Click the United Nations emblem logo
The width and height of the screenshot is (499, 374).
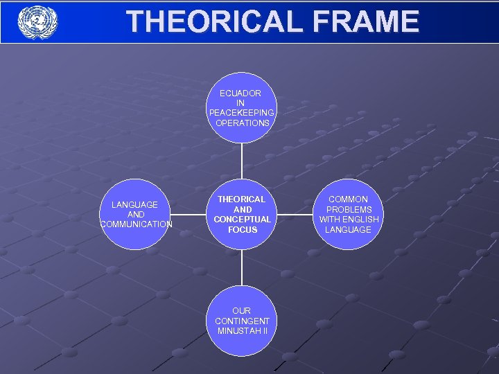pyautogui.click(x=38, y=21)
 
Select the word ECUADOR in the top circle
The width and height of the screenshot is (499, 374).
pyautogui.click(x=240, y=93)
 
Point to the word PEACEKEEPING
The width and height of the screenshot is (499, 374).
pyautogui.click(x=242, y=113)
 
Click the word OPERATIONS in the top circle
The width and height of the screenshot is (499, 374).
pyautogui.click(x=242, y=123)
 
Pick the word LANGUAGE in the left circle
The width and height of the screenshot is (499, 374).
pyautogui.click(x=135, y=204)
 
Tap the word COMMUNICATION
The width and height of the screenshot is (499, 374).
pyautogui.click(x=137, y=224)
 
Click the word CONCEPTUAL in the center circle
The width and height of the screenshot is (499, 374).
pyautogui.click(x=242, y=220)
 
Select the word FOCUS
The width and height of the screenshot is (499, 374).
pyautogui.click(x=242, y=230)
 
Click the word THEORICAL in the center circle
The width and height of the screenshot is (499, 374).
pyautogui.click(x=242, y=199)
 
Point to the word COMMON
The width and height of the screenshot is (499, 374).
pyautogui.click(x=349, y=199)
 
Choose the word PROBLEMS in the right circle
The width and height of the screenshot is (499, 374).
pyautogui.click(x=349, y=209)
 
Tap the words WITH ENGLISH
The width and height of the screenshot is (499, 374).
pyautogui.click(x=349, y=220)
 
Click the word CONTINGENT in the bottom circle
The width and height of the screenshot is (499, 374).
pyautogui.click(x=242, y=321)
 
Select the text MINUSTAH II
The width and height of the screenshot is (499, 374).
pyautogui.click(x=242, y=330)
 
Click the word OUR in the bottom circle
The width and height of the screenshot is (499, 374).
pyautogui.click(x=242, y=311)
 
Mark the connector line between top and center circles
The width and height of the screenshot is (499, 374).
pyautogui.click(x=242, y=161)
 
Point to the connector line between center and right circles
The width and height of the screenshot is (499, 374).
pyautogui.click(x=295, y=214)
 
